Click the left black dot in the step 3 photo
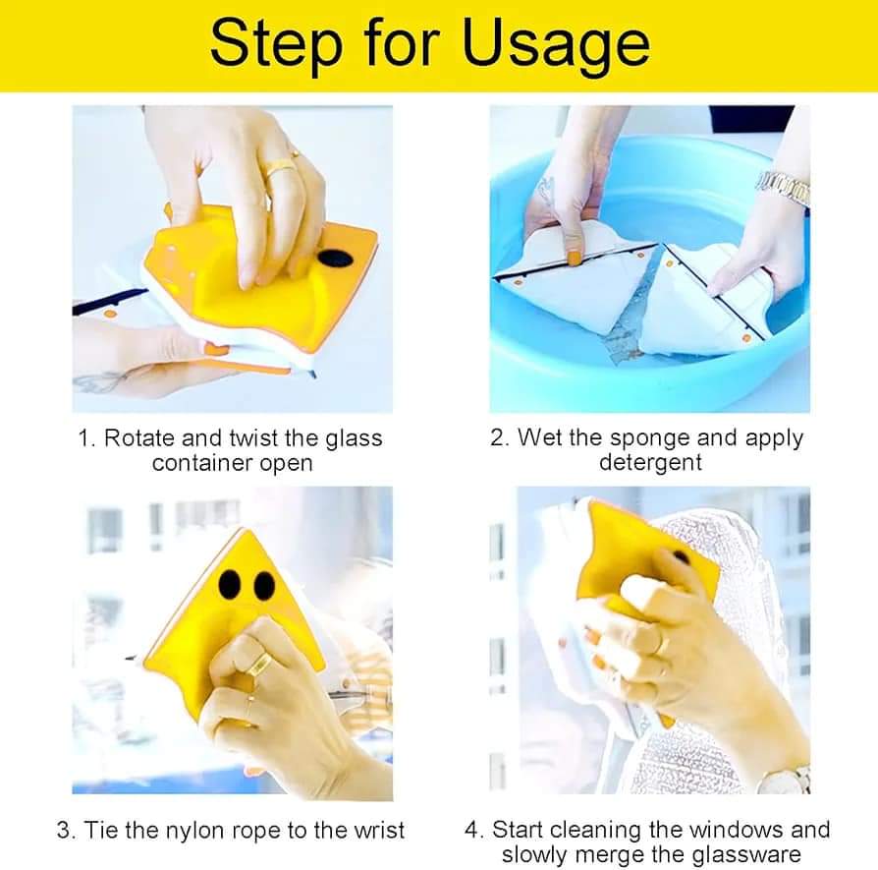click(x=230, y=584)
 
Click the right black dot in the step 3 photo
click(x=264, y=586)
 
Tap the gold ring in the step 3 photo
click(x=261, y=666)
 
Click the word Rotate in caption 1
click(x=140, y=438)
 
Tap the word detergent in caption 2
click(x=650, y=463)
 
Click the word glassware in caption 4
click(x=746, y=855)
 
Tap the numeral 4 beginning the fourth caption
click(x=470, y=831)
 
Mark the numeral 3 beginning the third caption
click(x=63, y=831)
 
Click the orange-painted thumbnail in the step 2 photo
click(x=574, y=259)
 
